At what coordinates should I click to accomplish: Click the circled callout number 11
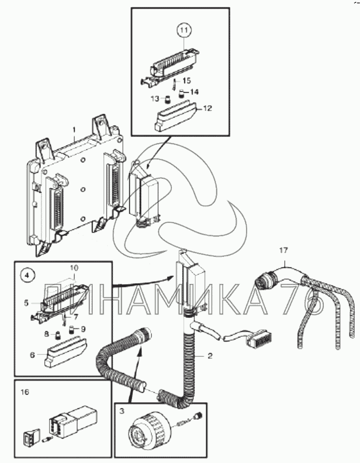point(184,30)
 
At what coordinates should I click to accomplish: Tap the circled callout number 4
point(27,276)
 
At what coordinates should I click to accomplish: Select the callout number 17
point(283,251)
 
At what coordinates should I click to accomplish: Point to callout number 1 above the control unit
point(74,130)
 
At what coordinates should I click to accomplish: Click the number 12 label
point(208,108)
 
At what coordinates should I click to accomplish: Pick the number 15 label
point(187,80)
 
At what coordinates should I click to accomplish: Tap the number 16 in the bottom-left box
point(25,392)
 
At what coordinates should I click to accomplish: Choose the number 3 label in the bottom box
point(122,411)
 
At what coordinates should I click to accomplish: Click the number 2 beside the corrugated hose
point(210,356)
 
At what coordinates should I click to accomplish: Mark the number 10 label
point(74,268)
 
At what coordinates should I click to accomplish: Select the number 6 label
point(32,355)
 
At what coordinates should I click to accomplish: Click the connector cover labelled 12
point(176,115)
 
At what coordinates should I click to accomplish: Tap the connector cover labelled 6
point(66,352)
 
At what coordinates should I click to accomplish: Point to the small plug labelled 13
point(168,99)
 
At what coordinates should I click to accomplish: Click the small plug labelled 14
point(182,93)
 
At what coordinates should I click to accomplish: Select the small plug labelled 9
point(72,329)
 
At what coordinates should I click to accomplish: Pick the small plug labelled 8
point(58,335)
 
